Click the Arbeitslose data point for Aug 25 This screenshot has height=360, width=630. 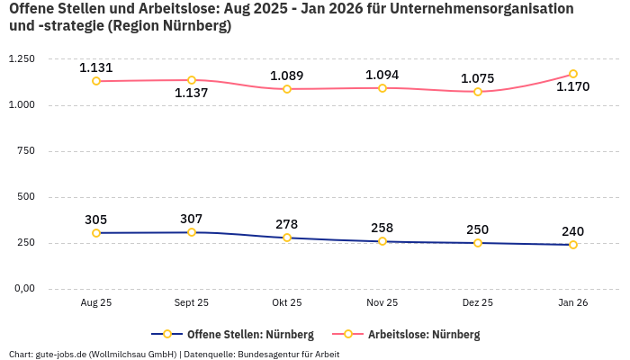(x=96, y=81)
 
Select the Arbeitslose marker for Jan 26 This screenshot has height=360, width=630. (x=573, y=74)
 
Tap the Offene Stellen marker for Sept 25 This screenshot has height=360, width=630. (x=192, y=232)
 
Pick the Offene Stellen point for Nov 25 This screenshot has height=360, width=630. (x=382, y=241)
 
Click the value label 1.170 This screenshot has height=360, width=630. (x=572, y=87)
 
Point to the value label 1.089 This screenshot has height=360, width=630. (x=287, y=76)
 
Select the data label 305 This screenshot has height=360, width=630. (x=96, y=220)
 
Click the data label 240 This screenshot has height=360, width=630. (x=572, y=231)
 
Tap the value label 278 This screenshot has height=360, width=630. (x=287, y=224)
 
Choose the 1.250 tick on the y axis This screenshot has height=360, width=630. (x=21, y=59)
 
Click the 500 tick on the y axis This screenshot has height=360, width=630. (x=26, y=197)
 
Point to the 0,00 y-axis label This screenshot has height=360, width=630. (x=23, y=289)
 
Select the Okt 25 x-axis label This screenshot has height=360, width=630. (x=287, y=303)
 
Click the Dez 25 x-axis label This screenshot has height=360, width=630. (x=478, y=303)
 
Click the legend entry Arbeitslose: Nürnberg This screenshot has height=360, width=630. (x=423, y=335)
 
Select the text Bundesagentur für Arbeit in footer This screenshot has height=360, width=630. (x=288, y=354)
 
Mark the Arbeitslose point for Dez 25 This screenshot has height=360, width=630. (x=478, y=92)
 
